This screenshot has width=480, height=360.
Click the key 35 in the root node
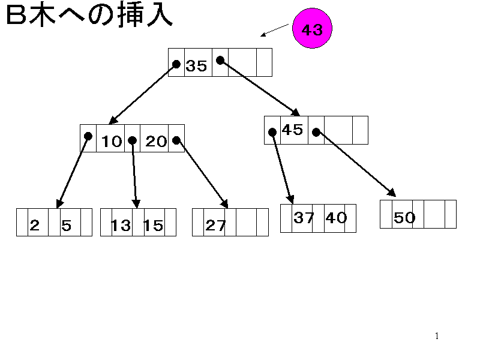tap(196, 66)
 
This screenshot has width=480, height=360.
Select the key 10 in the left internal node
tap(112, 142)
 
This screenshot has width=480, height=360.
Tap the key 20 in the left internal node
tap(157, 142)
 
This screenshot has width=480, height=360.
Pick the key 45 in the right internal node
tap(292, 130)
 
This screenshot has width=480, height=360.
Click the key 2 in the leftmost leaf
tap(35, 226)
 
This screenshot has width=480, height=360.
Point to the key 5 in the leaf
tap(67, 226)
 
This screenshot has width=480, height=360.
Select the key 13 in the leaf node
tap(121, 226)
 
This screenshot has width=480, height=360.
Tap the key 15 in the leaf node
tap(153, 226)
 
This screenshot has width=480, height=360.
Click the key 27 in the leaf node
tap(215, 226)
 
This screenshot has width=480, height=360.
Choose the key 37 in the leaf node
tap(304, 218)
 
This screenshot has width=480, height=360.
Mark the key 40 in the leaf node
tap(336, 218)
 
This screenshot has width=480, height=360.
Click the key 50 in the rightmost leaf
tap(404, 218)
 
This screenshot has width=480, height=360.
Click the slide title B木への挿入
tap(89, 16)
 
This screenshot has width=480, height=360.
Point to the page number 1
tap(437, 336)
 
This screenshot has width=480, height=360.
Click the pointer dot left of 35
tap(176, 63)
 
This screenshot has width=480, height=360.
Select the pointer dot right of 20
tap(176, 140)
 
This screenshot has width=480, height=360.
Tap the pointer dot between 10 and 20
tap(132, 140)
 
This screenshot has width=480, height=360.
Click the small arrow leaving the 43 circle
tap(274, 30)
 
